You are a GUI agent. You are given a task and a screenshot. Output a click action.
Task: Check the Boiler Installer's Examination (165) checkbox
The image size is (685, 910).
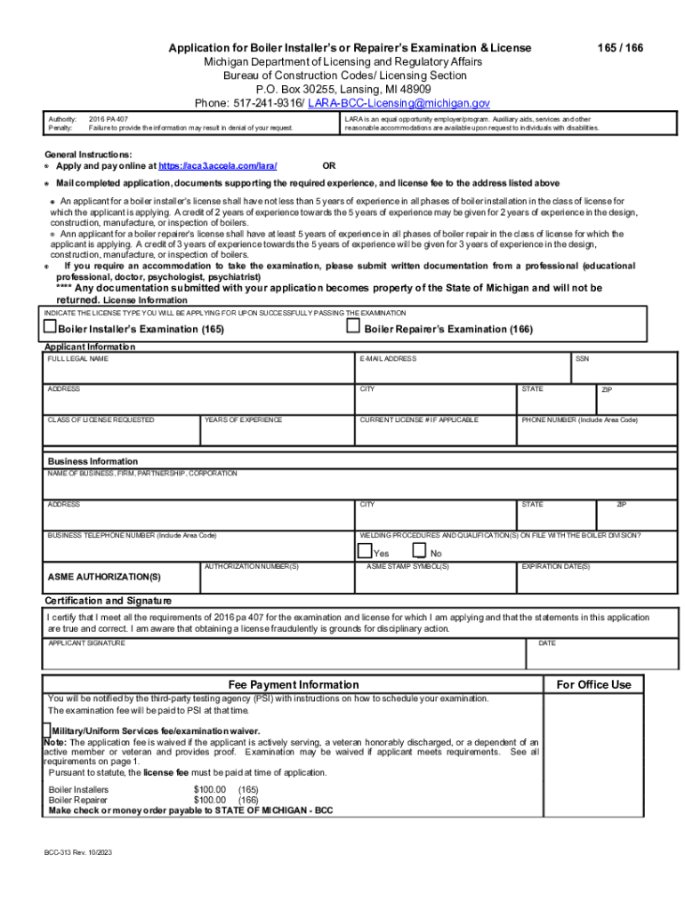pyautogui.click(x=51, y=328)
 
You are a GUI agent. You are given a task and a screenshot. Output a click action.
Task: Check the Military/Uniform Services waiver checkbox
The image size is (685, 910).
pyautogui.click(x=47, y=729)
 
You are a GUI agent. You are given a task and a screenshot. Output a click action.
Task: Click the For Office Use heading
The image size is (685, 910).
pyautogui.click(x=593, y=684)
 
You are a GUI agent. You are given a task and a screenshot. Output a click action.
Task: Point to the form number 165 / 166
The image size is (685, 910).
pyautogui.click(x=621, y=47)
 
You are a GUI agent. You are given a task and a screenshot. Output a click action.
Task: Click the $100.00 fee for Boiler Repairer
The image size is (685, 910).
pyautogui.click(x=210, y=800)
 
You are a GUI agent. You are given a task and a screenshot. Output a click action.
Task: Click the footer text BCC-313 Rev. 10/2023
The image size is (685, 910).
pyautogui.click(x=78, y=852)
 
